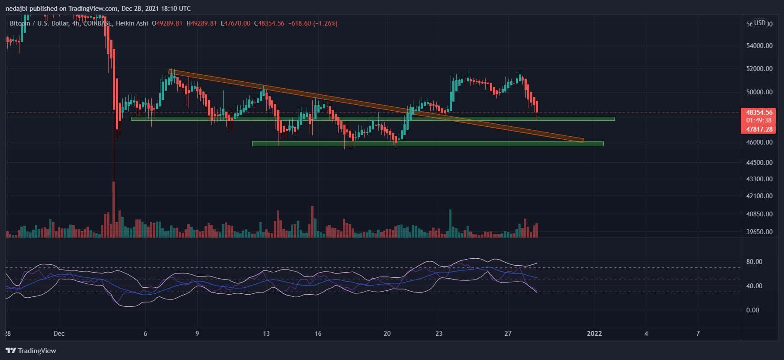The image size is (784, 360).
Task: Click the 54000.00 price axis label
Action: [759, 45]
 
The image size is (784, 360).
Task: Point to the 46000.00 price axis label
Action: [759, 142]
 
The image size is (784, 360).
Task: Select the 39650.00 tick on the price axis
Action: [759, 231]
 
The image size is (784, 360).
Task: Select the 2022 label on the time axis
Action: [594, 333]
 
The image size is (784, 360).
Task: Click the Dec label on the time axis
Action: [59, 333]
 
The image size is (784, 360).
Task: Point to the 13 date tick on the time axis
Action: [266, 333]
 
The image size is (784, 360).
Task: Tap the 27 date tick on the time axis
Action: [508, 333]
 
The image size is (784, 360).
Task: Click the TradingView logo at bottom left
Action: [31, 350]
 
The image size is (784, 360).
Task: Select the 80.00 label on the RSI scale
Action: [754, 262]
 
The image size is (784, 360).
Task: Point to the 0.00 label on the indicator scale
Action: [753, 310]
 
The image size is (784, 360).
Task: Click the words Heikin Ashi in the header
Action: [131, 23]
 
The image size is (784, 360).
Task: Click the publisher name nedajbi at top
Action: [17, 9]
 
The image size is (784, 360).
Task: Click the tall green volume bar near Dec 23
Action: [450, 223]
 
